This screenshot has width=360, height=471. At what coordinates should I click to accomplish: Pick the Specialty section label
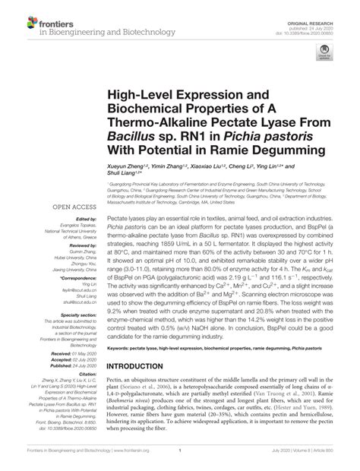pyautogui.click(x=77, y=312)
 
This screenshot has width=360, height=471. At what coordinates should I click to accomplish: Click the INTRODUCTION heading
pyautogui.click(x=144, y=386)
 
